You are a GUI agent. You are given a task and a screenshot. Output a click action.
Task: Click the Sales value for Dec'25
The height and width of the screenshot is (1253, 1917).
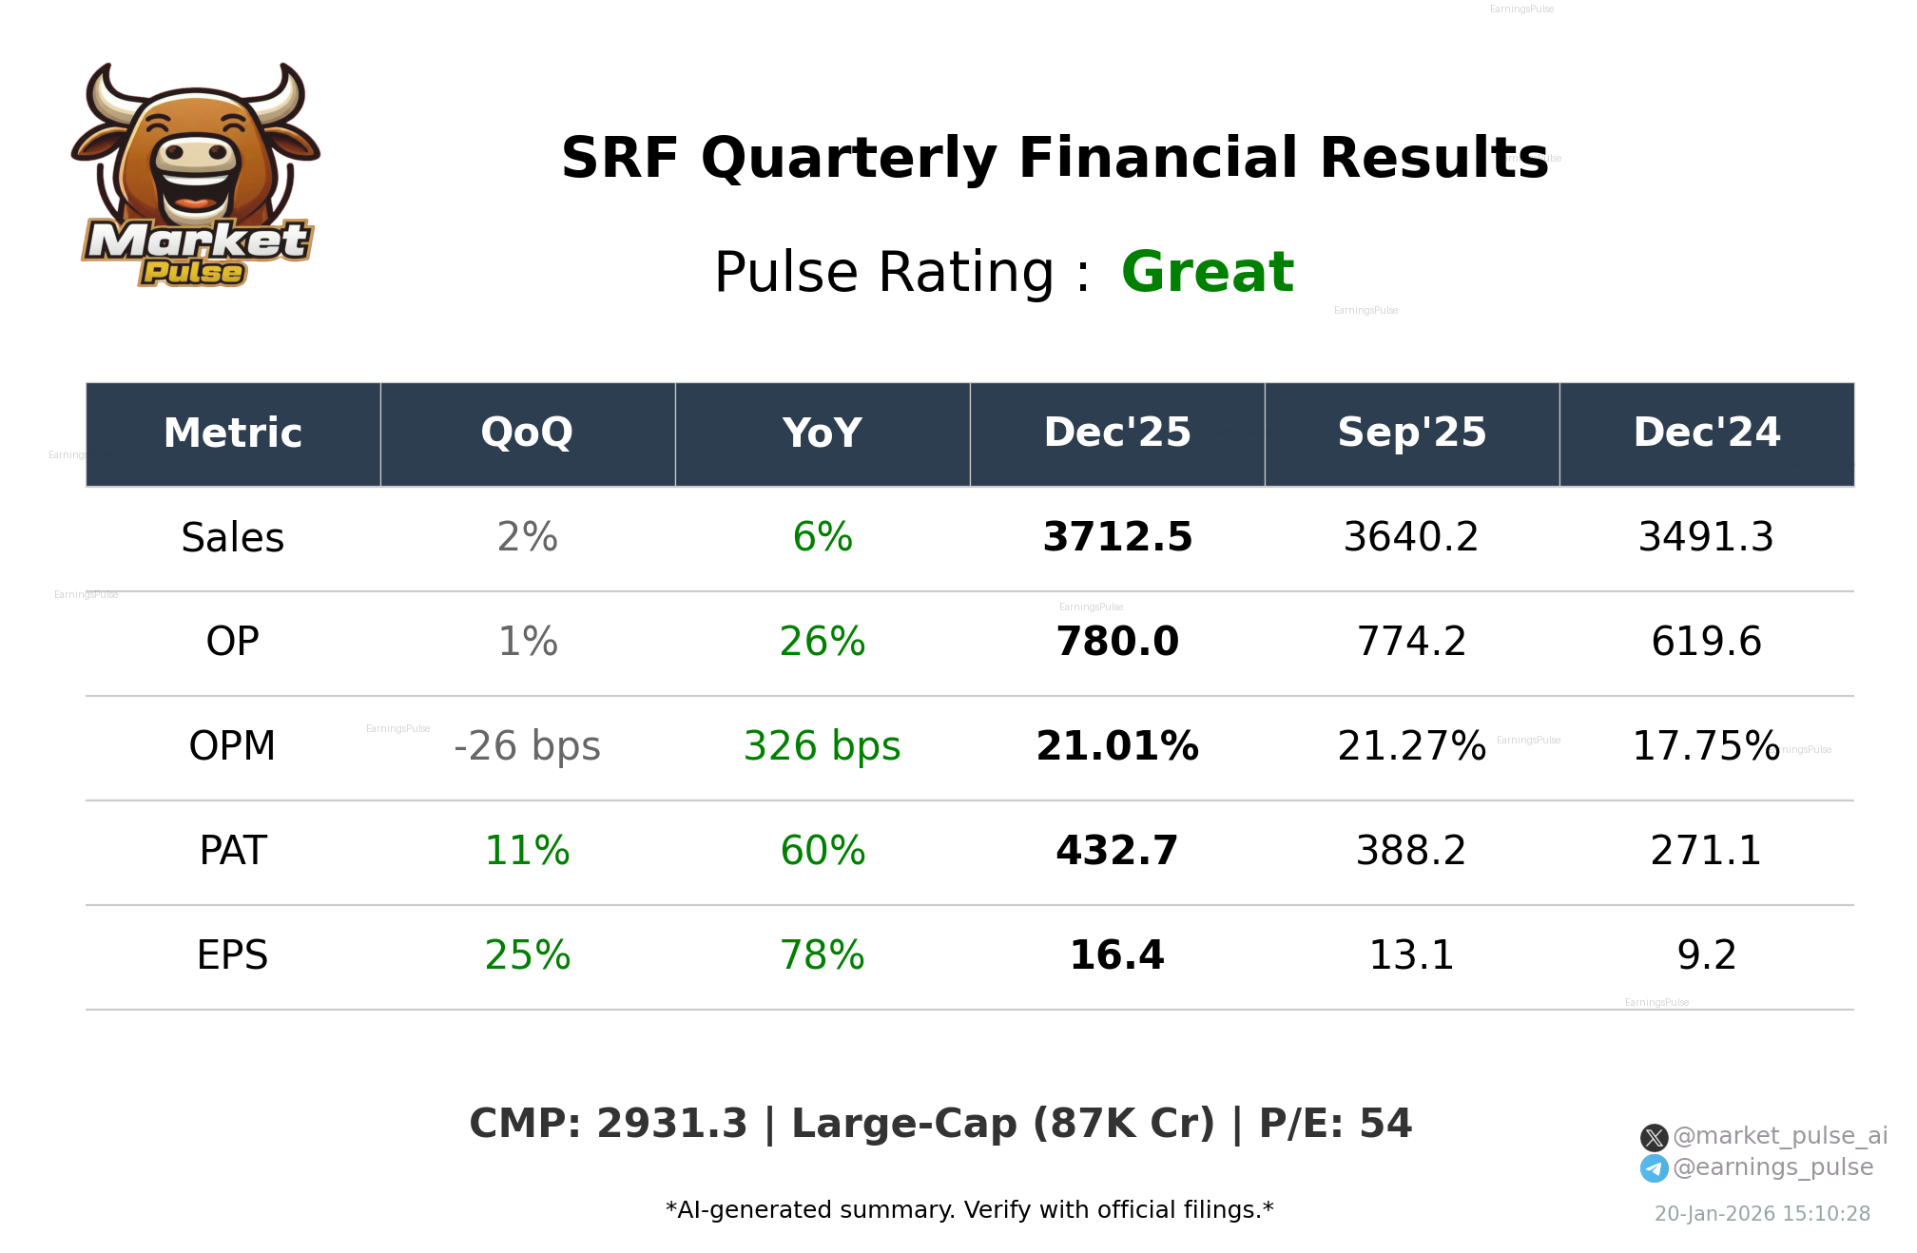(1117, 537)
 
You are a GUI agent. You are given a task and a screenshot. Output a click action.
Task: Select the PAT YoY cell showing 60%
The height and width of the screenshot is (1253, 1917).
(823, 851)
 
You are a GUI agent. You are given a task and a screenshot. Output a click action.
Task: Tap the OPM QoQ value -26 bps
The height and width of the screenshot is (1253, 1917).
(528, 746)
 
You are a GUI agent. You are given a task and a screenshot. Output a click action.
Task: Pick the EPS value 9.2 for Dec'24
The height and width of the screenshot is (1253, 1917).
(1707, 955)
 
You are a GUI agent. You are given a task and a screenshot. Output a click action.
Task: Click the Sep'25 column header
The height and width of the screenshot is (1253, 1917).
(1412, 434)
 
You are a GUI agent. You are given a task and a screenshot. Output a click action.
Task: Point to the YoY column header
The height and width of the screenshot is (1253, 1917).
(823, 434)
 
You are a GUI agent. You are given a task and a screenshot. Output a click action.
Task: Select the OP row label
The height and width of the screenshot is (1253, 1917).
(233, 642)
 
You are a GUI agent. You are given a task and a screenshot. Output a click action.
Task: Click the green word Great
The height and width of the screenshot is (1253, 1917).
(1208, 273)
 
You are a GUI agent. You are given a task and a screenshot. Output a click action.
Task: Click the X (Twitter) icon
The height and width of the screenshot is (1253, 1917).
(1655, 1137)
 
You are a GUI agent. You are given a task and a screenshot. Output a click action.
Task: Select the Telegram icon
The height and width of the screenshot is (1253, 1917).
(1655, 1168)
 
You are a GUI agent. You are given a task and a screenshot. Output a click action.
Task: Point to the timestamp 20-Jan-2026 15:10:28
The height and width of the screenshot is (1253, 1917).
(1762, 1214)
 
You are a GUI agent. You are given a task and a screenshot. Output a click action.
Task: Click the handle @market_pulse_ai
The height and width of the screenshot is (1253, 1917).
(1780, 1136)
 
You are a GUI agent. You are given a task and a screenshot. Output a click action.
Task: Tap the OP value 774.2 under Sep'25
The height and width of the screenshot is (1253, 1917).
(1412, 642)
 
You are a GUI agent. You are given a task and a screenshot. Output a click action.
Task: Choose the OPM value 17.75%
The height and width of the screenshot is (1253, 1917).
(1707, 746)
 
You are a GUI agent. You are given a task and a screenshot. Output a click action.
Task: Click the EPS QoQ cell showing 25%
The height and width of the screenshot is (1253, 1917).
(528, 955)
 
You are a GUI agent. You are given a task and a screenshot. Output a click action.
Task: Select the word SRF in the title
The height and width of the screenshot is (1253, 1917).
(620, 159)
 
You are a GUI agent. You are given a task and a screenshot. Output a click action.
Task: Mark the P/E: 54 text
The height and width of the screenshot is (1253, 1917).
(1335, 1124)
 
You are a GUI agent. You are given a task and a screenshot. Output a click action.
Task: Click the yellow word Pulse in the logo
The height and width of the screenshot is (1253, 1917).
(193, 273)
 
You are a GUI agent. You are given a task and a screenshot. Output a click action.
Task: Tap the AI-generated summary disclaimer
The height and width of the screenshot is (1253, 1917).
(969, 1210)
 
